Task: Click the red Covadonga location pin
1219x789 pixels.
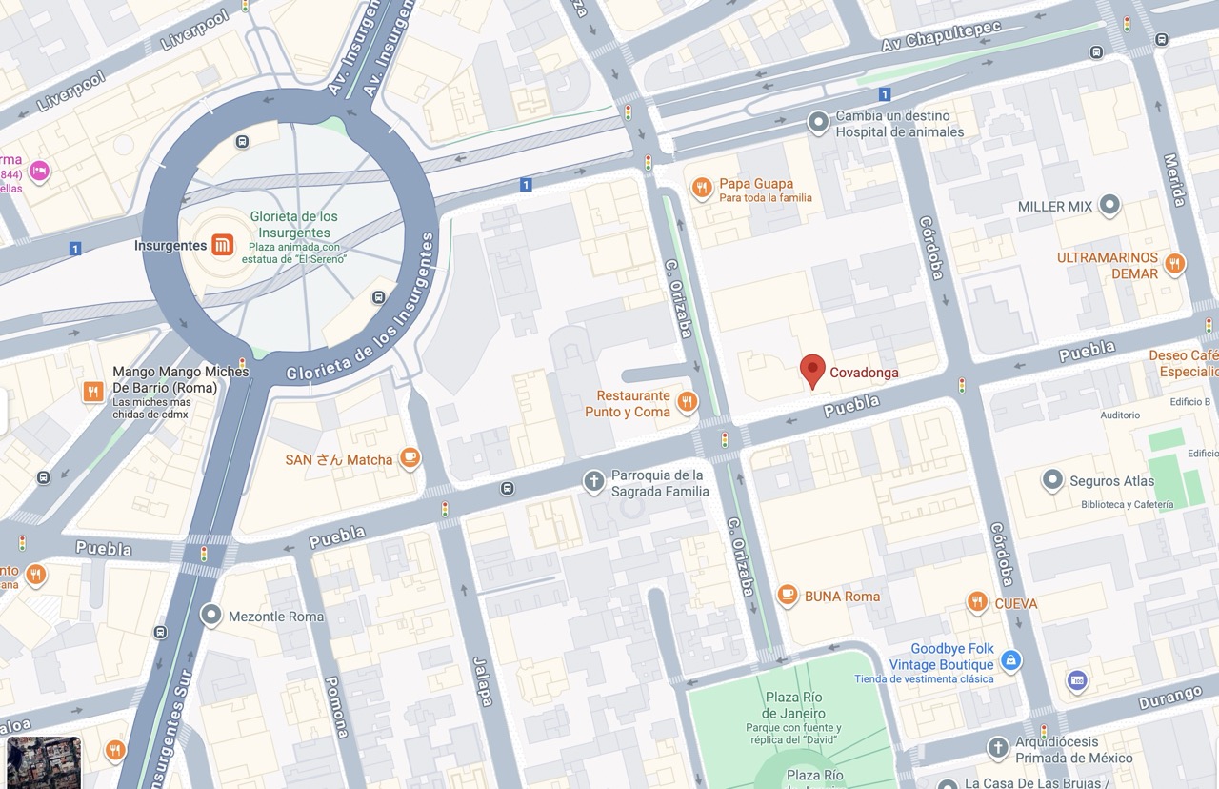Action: tap(812, 370)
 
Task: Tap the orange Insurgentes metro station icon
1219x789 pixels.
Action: tap(222, 245)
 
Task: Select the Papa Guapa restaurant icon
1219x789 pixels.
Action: tap(702, 188)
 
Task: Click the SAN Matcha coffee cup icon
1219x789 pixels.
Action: tap(410, 458)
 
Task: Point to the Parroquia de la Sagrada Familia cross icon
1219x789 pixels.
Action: tap(593, 482)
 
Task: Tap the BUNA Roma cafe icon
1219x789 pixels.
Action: tap(787, 596)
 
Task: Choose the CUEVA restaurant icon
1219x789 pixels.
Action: tap(977, 602)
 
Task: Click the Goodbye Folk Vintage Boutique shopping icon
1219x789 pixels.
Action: tap(1011, 659)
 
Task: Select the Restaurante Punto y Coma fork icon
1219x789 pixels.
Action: tap(687, 403)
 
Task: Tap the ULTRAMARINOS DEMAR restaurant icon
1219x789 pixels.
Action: tap(1175, 264)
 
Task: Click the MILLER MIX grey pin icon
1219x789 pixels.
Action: tap(1109, 205)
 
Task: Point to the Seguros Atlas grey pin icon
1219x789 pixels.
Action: tap(1052, 480)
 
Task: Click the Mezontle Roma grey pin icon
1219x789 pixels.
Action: tap(210, 616)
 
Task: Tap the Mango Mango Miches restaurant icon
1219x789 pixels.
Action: tap(93, 392)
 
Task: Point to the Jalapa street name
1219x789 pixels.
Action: tap(483, 681)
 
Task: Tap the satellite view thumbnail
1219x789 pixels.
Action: tap(44, 761)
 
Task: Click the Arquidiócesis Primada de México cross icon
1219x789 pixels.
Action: tap(997, 748)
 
